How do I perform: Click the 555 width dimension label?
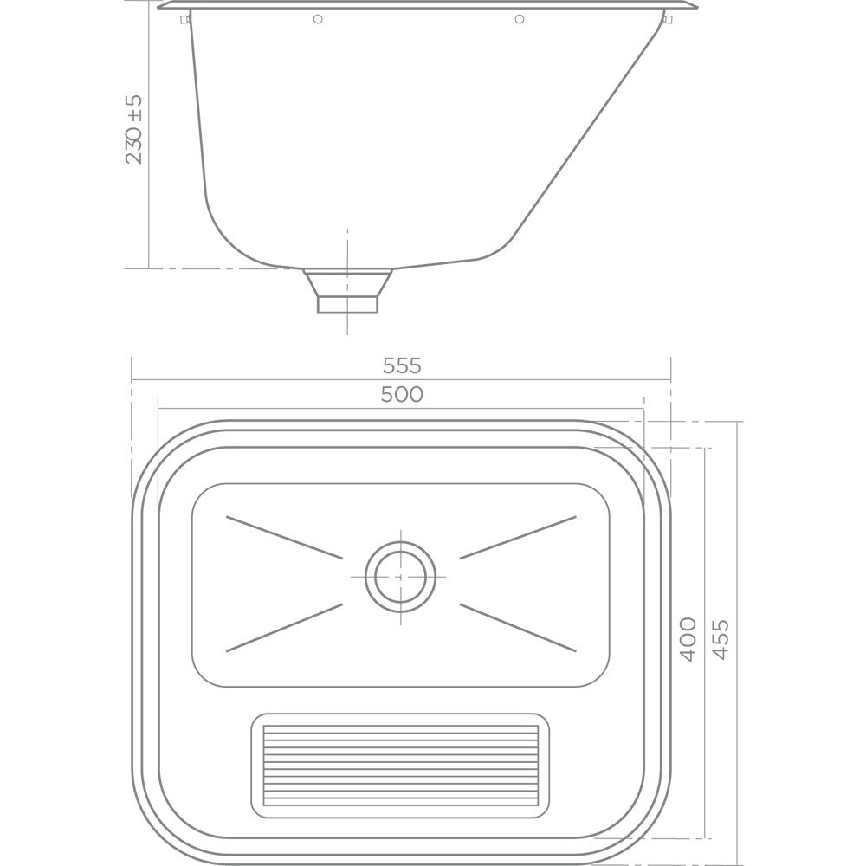(402, 365)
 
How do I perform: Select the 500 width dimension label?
(402, 394)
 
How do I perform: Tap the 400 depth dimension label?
(688, 640)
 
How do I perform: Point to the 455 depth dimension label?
(721, 640)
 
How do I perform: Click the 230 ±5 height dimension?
(134, 130)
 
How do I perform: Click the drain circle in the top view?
(400, 577)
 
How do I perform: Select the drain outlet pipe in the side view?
(347, 291)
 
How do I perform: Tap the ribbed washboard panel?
(400, 765)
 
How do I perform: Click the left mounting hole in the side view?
(318, 19)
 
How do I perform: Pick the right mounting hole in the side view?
(519, 19)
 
